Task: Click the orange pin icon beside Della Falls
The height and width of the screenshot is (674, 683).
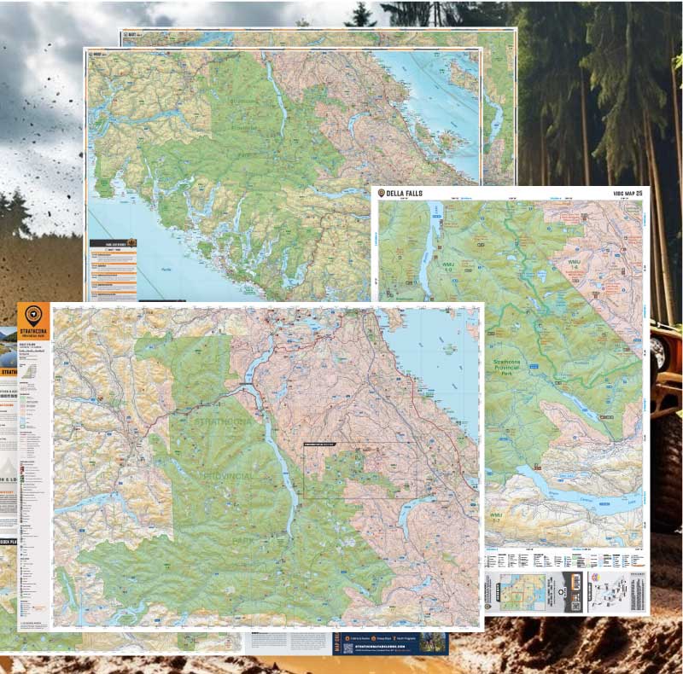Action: pos(382,194)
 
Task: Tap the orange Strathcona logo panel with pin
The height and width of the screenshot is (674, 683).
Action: pos(34,320)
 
